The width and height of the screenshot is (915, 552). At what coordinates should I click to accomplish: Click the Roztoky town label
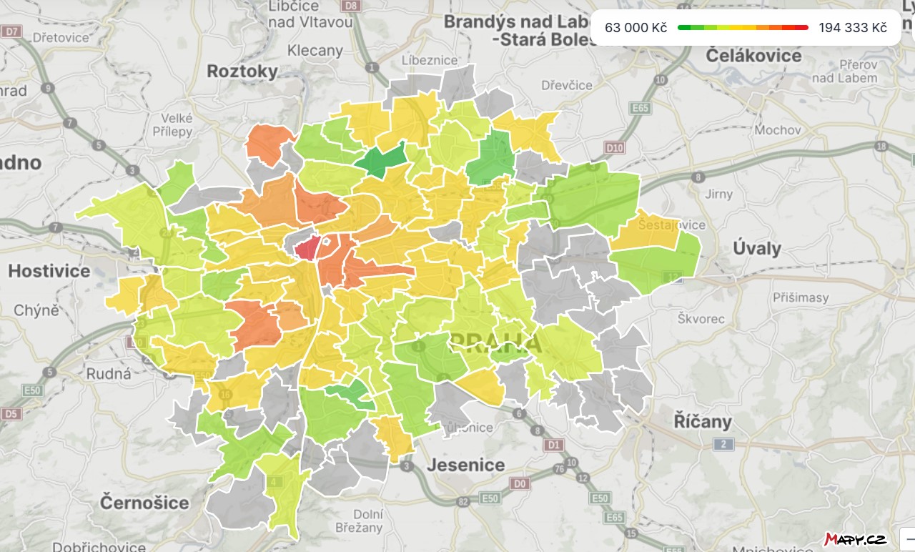[x=242, y=71]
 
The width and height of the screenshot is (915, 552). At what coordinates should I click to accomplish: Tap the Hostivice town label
[x=49, y=271]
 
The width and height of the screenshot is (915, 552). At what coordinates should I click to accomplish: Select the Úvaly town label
[x=757, y=249]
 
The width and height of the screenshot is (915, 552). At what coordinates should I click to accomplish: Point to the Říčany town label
[x=703, y=421]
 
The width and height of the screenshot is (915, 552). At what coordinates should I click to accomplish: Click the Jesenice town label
[x=465, y=465]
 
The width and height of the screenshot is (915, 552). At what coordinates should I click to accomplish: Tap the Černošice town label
[x=144, y=502]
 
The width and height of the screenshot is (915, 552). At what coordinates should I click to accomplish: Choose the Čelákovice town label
[x=753, y=56]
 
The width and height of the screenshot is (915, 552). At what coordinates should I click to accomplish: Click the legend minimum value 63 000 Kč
[x=635, y=28]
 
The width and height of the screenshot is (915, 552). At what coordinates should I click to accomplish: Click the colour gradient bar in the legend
[x=743, y=28]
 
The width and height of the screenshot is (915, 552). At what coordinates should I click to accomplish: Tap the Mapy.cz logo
[x=856, y=538]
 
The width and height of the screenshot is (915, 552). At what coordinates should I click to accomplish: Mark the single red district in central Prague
[x=307, y=250]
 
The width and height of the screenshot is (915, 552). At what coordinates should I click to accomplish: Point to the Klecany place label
[x=315, y=51]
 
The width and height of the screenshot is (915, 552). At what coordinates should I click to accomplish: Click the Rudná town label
[x=109, y=373]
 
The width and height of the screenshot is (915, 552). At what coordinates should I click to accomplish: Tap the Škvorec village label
[x=701, y=319]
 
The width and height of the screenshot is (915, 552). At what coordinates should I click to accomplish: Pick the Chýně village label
[x=36, y=310]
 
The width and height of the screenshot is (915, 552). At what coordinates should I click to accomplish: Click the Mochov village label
[x=778, y=130]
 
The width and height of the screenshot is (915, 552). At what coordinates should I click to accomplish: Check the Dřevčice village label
[x=567, y=85]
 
